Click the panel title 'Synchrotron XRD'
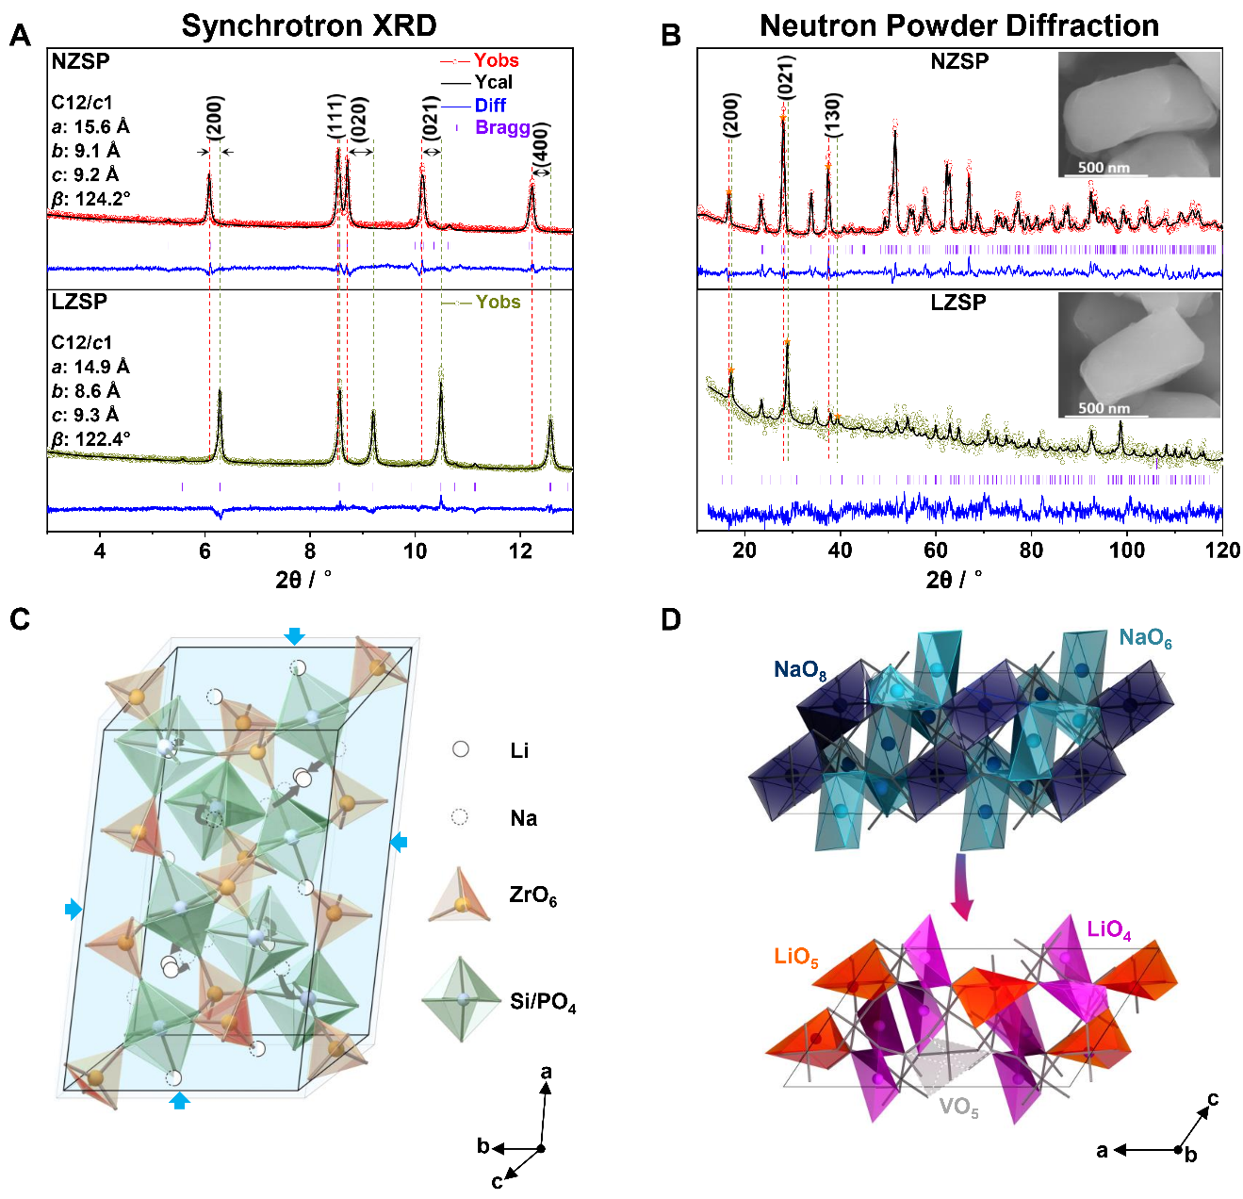(x=309, y=25)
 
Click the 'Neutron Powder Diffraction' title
(x=958, y=25)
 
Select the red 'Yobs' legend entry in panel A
(x=496, y=60)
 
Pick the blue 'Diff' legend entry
(x=490, y=105)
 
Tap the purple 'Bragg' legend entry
(x=502, y=127)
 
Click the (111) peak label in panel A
(x=336, y=116)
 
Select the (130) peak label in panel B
(x=832, y=115)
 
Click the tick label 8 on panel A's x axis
(x=310, y=551)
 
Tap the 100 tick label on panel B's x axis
(x=1127, y=550)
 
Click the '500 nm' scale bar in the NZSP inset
(x=1104, y=169)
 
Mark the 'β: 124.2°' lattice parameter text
(x=90, y=199)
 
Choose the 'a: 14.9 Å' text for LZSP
(x=90, y=367)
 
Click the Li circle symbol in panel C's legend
(x=461, y=749)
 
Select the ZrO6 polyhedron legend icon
(x=459, y=895)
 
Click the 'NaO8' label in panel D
(x=800, y=670)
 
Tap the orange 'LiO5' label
(x=796, y=958)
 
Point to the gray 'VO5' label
(x=959, y=1108)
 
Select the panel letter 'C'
(x=19, y=619)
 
